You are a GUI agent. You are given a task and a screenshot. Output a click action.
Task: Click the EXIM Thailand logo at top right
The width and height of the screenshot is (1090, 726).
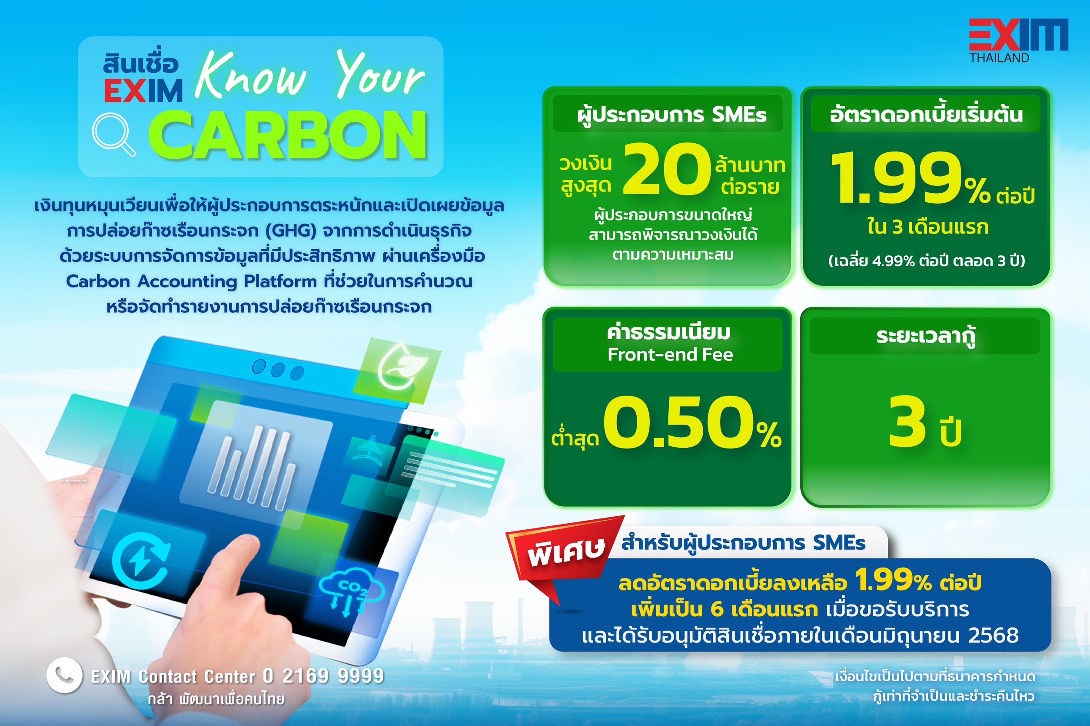pos(1018,40)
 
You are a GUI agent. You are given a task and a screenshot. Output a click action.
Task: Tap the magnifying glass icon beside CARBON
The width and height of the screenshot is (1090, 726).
pos(113,135)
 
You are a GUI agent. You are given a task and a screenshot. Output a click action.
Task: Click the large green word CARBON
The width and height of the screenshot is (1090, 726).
pos(287,135)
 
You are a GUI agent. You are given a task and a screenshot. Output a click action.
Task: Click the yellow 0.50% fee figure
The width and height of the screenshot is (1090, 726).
pos(692,422)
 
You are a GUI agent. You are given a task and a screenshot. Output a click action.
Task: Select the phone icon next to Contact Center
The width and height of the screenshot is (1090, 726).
pos(64,675)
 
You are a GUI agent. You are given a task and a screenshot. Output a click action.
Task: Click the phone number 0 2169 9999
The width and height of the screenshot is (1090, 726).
pos(323,676)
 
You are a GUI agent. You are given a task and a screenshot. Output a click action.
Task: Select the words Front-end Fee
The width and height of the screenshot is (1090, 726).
pos(670,355)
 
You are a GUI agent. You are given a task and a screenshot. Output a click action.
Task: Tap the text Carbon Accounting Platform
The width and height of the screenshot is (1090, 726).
pos(191,281)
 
